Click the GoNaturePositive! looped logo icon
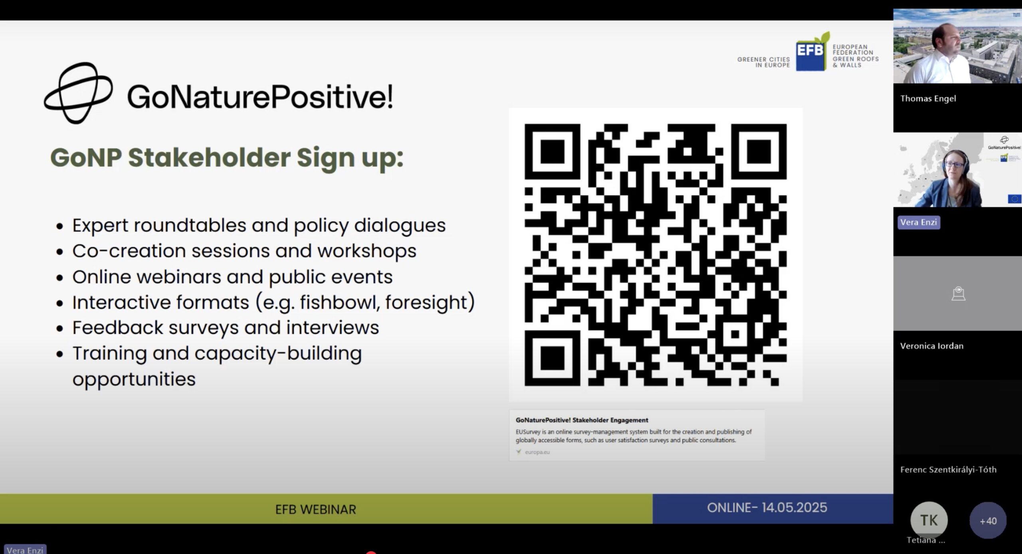[x=78, y=93]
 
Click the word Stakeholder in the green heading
[x=209, y=158]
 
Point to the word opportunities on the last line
[x=134, y=379]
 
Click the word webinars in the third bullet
[x=200, y=277]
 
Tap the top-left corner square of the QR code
[x=552, y=152]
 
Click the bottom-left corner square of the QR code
[x=552, y=358]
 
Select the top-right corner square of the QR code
[x=759, y=152]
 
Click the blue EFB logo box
[x=811, y=54]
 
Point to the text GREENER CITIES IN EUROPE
[x=763, y=62]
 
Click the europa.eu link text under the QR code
[x=537, y=452]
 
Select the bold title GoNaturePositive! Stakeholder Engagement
[x=582, y=420]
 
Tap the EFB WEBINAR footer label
[x=315, y=509]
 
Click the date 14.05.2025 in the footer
[x=794, y=508]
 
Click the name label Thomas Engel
[x=928, y=99]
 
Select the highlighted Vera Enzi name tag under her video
[x=919, y=222]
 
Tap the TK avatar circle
[x=929, y=520]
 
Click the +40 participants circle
[x=988, y=520]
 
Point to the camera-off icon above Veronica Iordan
[x=958, y=294]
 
